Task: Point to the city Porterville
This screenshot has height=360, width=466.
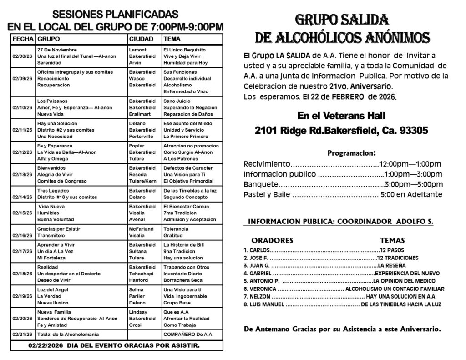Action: tap(142, 136)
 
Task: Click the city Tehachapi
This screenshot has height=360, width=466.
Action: tap(141, 273)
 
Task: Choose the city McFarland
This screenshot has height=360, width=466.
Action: tap(141, 229)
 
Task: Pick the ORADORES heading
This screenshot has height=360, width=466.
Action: tap(272, 240)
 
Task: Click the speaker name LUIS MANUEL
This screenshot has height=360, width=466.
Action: tap(266, 304)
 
